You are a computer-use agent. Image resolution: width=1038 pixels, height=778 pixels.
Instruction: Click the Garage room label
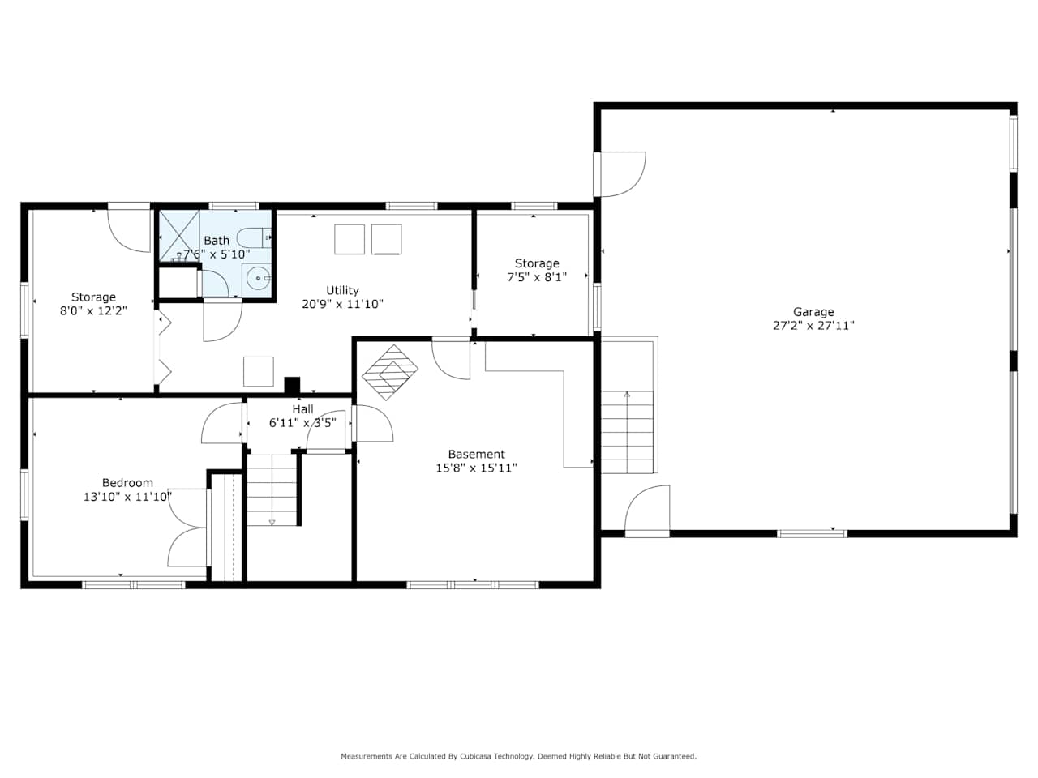[x=813, y=312]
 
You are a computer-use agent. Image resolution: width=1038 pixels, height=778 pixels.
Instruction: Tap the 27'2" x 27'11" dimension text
[x=813, y=326]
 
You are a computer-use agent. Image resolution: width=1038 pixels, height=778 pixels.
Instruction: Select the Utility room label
[x=342, y=290]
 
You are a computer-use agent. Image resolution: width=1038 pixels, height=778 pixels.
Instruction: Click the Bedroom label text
[x=127, y=483]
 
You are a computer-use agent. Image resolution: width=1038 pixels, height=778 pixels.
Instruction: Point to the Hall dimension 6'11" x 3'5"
[x=302, y=423]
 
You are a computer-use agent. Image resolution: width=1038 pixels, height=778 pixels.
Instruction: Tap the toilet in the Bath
[x=254, y=237]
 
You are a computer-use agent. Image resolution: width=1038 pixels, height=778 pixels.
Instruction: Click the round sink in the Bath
[x=259, y=279]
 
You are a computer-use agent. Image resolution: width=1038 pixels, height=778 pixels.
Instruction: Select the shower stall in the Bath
[x=179, y=236]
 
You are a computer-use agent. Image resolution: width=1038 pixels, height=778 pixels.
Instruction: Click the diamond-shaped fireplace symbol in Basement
[x=390, y=372]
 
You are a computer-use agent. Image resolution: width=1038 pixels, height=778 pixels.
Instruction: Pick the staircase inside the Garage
[x=627, y=432]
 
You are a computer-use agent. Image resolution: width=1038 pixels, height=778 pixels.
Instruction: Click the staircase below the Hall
[x=272, y=489]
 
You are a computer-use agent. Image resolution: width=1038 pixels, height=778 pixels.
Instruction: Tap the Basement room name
[x=476, y=455]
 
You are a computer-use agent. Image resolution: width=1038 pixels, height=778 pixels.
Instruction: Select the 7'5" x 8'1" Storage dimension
[x=537, y=277]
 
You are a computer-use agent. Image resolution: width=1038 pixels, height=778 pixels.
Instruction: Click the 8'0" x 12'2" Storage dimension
[x=93, y=311]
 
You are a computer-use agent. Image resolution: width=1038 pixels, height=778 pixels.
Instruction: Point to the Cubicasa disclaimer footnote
[x=518, y=756]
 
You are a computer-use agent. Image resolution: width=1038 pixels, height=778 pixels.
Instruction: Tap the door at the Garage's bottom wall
[x=647, y=511]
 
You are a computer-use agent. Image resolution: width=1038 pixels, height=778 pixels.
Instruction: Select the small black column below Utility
[x=292, y=385]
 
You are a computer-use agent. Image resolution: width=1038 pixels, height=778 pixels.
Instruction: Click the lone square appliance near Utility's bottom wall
[x=258, y=371]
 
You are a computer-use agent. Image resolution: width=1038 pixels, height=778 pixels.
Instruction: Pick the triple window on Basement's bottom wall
[x=473, y=585]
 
